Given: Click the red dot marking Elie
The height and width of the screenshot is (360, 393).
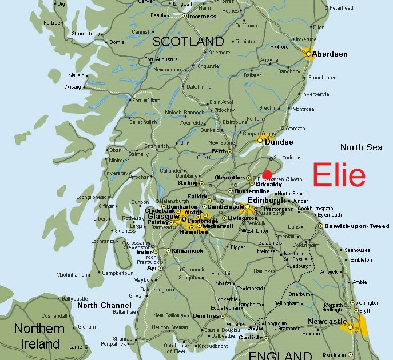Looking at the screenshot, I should (267, 175).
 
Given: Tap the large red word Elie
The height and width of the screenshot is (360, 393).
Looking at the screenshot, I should (339, 175).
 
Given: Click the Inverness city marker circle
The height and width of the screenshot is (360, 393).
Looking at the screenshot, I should (185, 16).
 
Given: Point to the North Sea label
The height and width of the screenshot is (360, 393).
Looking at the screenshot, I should (361, 147).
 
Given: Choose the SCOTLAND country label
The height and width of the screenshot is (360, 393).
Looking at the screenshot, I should (188, 42).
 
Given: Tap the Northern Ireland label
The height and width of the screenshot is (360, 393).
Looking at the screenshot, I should (40, 336).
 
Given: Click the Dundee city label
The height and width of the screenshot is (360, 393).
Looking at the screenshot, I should (280, 142).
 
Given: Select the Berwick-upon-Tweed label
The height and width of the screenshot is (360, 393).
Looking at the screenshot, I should (356, 226).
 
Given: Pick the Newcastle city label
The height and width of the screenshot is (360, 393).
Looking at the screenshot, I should (327, 322).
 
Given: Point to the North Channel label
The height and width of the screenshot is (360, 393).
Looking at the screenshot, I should (104, 305).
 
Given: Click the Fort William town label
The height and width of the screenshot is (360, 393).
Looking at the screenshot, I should (146, 101).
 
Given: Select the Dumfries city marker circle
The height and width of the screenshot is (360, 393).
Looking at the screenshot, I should (223, 316).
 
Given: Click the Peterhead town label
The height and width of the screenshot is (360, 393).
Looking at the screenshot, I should (342, 8).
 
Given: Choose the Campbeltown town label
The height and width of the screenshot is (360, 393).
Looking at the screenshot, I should (118, 273).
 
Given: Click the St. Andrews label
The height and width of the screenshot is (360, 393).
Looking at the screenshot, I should (288, 158).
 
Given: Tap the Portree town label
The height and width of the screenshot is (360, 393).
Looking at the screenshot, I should (52, 23).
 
